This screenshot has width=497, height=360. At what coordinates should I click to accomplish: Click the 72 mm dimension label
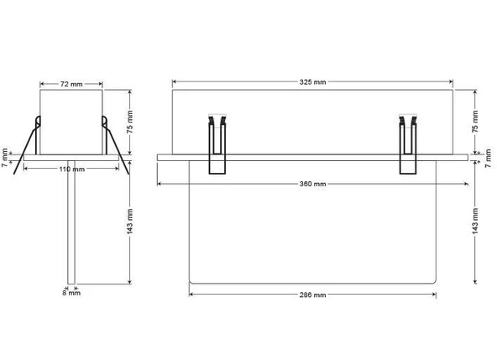pyautogui.click(x=71, y=84)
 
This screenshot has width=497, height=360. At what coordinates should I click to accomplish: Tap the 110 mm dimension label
pyautogui.click(x=72, y=170)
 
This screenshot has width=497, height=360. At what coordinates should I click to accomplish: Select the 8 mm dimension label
pyautogui.click(x=71, y=293)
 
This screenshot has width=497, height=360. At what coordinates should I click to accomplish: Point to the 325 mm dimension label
pyautogui.click(x=312, y=82)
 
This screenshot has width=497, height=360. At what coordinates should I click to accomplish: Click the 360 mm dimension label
pyautogui.click(x=312, y=184)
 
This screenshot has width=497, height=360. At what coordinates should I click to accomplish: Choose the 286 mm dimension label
pyautogui.click(x=312, y=295)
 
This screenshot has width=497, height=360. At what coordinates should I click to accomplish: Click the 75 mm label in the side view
pyautogui.click(x=130, y=122)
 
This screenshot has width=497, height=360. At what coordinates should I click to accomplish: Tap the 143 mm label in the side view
pyautogui.click(x=130, y=222)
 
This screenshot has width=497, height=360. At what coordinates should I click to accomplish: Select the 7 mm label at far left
pyautogui.click(x=4, y=158)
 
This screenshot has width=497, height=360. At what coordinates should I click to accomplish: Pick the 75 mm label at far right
pyautogui.click(x=475, y=122)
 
